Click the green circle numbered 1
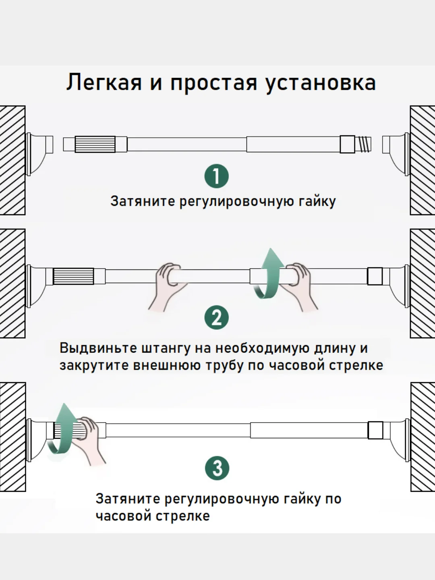(x=217, y=176)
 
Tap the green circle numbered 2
(x=217, y=317)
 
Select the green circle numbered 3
(x=217, y=468)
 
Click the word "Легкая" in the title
(x=104, y=83)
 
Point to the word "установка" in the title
(x=320, y=83)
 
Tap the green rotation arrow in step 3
(x=60, y=433)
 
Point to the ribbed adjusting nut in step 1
(x=95, y=144)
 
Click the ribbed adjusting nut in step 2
(x=73, y=276)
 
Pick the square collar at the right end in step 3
(x=375, y=430)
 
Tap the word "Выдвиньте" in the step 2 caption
(x=97, y=348)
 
